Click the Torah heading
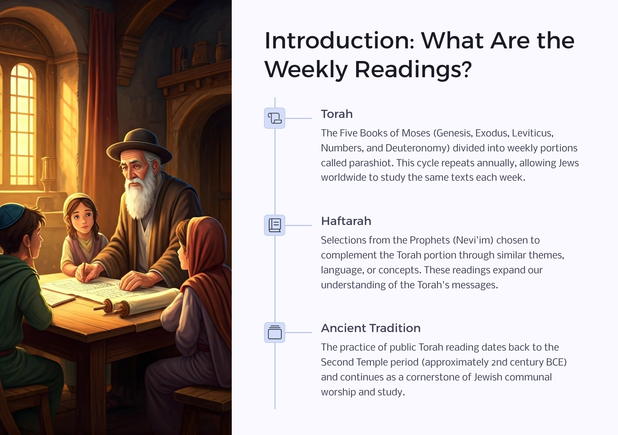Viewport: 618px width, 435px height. [337, 114]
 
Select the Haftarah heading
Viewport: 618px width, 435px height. [346, 221]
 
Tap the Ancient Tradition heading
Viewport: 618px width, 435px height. [371, 328]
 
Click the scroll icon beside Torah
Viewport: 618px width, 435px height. [275, 118]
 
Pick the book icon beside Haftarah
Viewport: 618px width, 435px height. [275, 225]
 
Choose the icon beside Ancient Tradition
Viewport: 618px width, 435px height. [275, 332]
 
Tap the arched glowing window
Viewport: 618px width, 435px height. [23, 124]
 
